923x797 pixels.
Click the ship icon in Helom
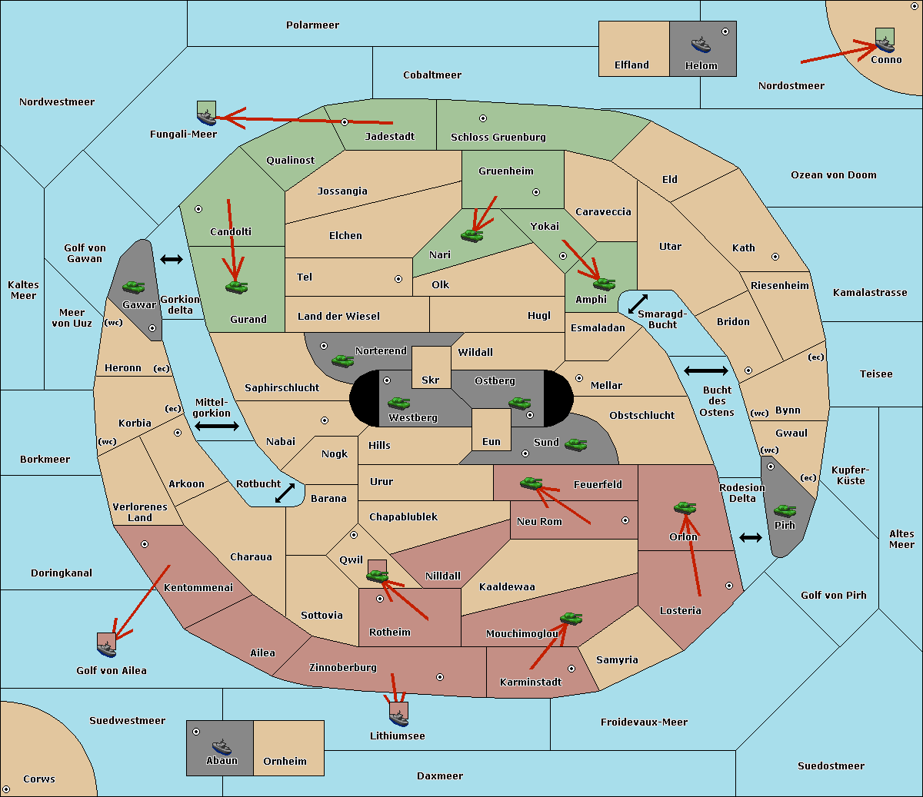pos(701,45)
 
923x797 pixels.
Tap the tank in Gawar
pos(133,287)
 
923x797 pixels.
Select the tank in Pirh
pos(785,510)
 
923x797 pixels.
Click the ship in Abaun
pos(222,747)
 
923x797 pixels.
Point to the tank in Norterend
pos(342,360)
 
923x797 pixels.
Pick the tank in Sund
pos(575,444)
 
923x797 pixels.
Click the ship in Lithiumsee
pos(398,719)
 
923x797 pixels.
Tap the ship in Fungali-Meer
pos(206,117)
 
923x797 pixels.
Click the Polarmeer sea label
pos(312,25)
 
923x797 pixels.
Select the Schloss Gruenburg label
pos(498,137)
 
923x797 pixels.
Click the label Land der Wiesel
pos(338,316)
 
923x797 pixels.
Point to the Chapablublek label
pos(403,516)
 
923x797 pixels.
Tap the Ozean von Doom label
pos(834,175)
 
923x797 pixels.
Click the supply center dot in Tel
pos(398,279)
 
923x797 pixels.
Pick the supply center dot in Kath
pos(775,257)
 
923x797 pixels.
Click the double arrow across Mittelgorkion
pos(217,426)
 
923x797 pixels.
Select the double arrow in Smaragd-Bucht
pos(638,304)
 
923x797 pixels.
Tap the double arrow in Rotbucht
pos(285,493)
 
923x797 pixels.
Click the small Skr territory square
pos(431,367)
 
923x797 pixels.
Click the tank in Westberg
pos(398,403)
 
